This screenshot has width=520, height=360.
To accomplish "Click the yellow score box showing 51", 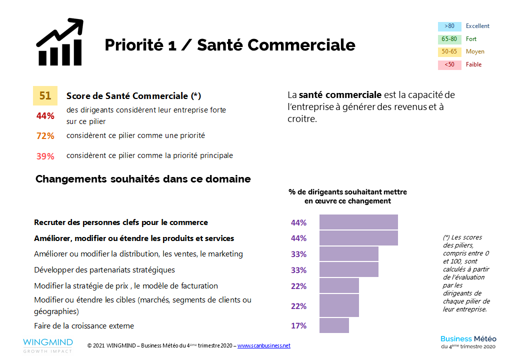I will tap(45, 95).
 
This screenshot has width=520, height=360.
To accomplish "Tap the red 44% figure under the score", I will tap(45, 116).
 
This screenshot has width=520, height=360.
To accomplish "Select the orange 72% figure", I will tap(45, 136).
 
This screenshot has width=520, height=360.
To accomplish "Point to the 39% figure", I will tap(45, 156).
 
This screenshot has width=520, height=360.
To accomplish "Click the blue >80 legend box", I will tap(449, 26).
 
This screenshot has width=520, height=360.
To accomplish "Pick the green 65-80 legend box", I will tap(449, 39).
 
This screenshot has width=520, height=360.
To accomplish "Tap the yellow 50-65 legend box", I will tap(449, 52).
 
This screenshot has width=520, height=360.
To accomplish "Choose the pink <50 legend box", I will tap(449, 64).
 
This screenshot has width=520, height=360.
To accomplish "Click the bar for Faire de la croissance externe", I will tap(334, 325).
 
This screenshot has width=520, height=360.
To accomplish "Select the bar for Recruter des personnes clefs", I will tap(358, 222).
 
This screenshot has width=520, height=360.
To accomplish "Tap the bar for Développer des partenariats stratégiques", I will tap(348, 269).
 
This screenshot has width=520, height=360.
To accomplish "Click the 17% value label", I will tap(298, 326).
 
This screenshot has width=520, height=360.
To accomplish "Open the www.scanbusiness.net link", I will tap(263, 345).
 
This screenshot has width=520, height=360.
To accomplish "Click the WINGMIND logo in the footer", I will tap(47, 345).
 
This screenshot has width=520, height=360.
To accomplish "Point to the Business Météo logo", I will tap(468, 342).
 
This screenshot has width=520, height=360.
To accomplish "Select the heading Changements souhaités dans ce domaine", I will tap(143, 179).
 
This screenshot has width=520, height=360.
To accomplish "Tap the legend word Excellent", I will tap(477, 26).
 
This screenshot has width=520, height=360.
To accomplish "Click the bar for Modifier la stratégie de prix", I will tap(339, 285).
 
